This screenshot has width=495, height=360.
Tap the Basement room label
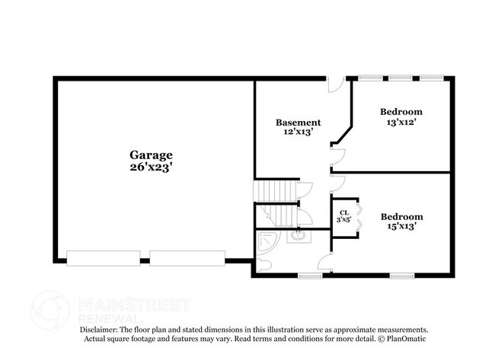click(x=298, y=122)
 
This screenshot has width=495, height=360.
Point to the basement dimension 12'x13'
click(x=298, y=132)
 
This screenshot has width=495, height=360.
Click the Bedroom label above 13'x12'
click(x=401, y=112)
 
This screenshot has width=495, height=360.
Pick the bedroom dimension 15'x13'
click(x=401, y=226)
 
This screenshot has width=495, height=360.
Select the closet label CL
click(x=344, y=212)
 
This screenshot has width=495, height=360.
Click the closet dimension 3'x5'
click(x=344, y=221)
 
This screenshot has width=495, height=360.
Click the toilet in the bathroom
click(x=263, y=264)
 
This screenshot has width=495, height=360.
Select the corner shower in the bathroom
click(x=267, y=242)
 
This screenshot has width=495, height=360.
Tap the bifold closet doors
click(x=362, y=216)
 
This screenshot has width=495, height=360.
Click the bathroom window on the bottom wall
click(x=310, y=276)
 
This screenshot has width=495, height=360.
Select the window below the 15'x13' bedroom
click(x=401, y=276)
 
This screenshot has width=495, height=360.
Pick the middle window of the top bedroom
click(x=401, y=77)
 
